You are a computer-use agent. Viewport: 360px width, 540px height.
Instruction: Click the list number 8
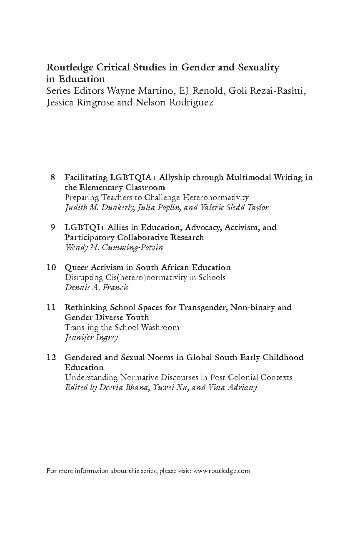[x=53, y=177]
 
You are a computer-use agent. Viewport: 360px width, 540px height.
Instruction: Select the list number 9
[x=53, y=227]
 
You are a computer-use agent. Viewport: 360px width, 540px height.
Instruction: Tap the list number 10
[x=51, y=267]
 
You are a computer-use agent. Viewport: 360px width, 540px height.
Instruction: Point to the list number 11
[x=51, y=307]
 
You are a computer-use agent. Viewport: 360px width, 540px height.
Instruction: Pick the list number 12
[x=51, y=357]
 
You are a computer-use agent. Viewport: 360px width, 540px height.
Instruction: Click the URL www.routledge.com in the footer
[x=222, y=471]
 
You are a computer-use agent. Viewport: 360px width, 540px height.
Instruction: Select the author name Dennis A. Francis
[x=96, y=287]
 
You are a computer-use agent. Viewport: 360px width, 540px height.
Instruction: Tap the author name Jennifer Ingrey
[x=91, y=337]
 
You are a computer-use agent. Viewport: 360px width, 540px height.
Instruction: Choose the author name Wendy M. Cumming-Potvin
[x=114, y=247]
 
